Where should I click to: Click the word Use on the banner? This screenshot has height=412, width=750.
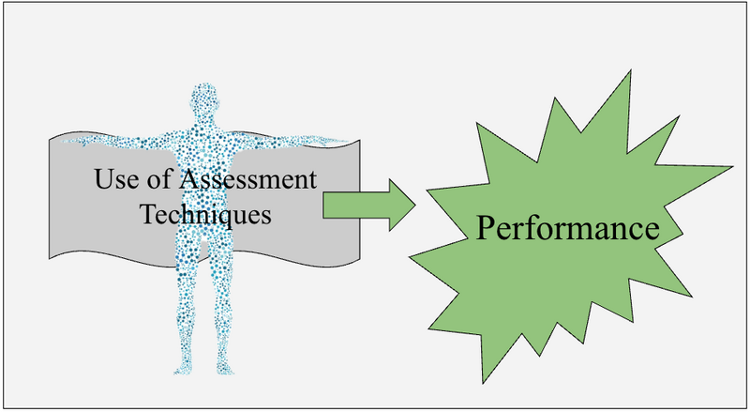[115, 178]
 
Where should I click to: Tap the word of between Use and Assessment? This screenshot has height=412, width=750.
[155, 178]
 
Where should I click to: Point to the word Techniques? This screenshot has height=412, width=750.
[206, 213]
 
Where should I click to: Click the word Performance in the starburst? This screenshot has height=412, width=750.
[562, 228]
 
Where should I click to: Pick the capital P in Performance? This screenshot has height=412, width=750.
[483, 228]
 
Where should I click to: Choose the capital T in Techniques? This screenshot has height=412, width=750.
[148, 212]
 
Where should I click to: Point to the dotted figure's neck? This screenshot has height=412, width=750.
[204, 123]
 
